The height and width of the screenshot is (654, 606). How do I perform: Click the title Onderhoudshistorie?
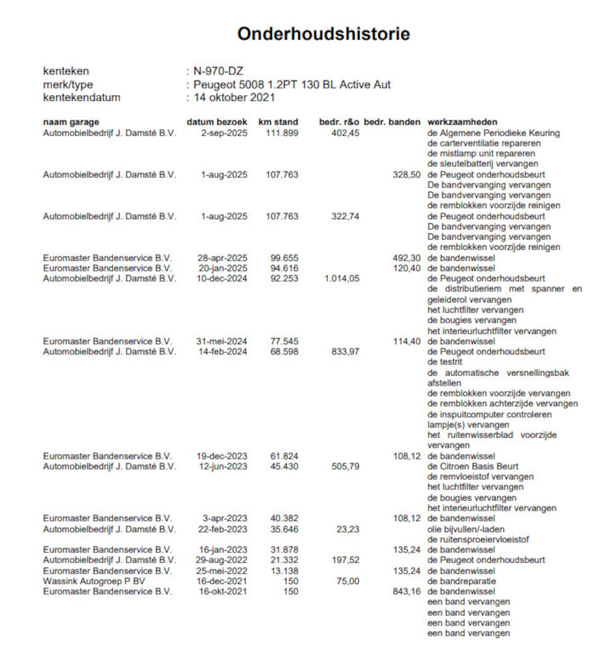323,34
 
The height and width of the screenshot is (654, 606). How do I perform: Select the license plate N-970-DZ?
218,71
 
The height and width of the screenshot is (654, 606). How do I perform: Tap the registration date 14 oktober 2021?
234,97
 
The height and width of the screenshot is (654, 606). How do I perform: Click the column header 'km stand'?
278,122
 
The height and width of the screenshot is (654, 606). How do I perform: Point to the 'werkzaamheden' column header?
462,122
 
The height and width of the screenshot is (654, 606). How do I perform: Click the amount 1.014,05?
341,279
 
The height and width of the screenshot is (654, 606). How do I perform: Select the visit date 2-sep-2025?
224,133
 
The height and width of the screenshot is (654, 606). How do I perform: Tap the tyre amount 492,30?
406,258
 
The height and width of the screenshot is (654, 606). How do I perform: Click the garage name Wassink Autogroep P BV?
94,581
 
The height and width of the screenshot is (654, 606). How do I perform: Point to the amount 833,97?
345,352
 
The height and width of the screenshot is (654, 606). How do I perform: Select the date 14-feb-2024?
223,352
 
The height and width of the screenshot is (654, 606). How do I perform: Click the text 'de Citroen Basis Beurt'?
472,466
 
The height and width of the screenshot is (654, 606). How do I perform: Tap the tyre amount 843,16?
406,592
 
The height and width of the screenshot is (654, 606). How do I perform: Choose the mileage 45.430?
284,466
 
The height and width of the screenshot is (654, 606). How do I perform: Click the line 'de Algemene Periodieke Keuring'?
493,133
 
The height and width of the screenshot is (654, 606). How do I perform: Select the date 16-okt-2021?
223,592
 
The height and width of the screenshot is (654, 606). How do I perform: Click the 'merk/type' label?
68,85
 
